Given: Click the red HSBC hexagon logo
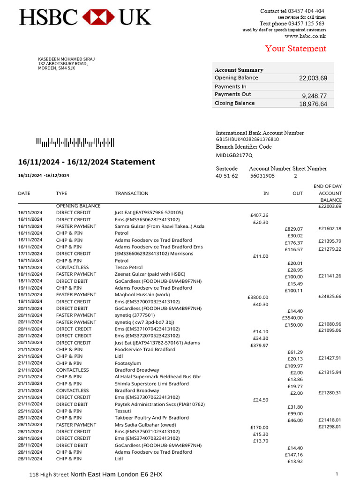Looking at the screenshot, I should [98, 17].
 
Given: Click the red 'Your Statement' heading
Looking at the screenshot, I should [295, 49].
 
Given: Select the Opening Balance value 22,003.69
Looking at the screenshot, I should [313, 78].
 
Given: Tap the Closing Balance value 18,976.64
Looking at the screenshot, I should [313, 104].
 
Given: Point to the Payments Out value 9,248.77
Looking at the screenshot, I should [314, 96].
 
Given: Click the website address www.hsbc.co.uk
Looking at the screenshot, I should [305, 36].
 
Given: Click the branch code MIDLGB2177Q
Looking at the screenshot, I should [234, 155].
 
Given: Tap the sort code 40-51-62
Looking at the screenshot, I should [226, 176].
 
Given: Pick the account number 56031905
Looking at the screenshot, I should [262, 176].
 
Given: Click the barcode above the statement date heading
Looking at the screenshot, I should [75, 143].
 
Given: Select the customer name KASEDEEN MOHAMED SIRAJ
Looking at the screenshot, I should [66, 59].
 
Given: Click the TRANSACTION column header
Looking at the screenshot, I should [132, 193].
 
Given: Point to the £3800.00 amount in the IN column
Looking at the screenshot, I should [258, 297].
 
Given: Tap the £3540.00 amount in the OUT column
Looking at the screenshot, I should [292, 318].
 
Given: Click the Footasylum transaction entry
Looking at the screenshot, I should [128, 363].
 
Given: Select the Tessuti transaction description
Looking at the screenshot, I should [123, 411].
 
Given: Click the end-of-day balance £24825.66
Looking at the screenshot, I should [330, 297].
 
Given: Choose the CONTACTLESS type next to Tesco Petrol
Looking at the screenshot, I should [72, 268].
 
